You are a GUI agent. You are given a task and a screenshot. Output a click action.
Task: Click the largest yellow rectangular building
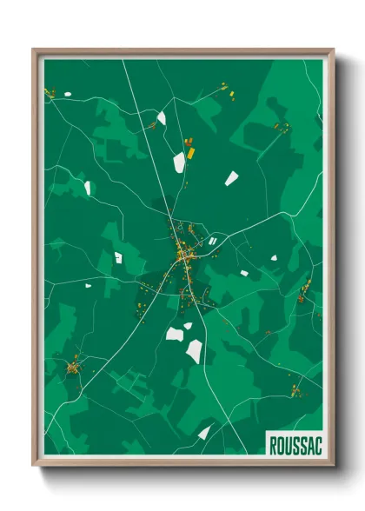[190, 149]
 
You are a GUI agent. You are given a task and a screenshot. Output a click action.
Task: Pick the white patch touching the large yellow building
[179, 162]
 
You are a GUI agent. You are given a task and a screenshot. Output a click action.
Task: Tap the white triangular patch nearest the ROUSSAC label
[204, 432]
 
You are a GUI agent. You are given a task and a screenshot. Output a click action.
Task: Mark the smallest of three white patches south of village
[188, 326]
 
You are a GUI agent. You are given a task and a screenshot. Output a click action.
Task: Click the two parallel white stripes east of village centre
[213, 240]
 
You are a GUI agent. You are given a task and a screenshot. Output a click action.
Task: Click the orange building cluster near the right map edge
[303, 289]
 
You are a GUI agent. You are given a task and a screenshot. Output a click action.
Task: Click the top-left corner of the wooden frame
[35, 50]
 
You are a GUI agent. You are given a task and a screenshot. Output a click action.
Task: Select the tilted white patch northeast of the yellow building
[231, 178]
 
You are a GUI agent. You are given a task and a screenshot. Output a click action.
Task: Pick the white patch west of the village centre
[118, 257]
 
